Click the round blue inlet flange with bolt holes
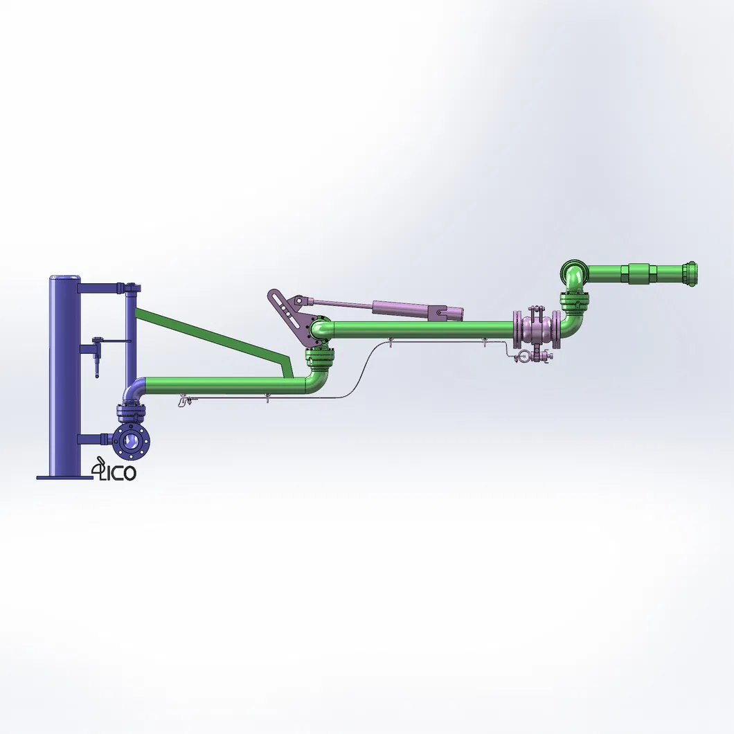(129, 441)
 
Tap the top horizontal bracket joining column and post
(104, 286)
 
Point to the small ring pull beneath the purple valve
(525, 357)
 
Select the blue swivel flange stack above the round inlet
(132, 413)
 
